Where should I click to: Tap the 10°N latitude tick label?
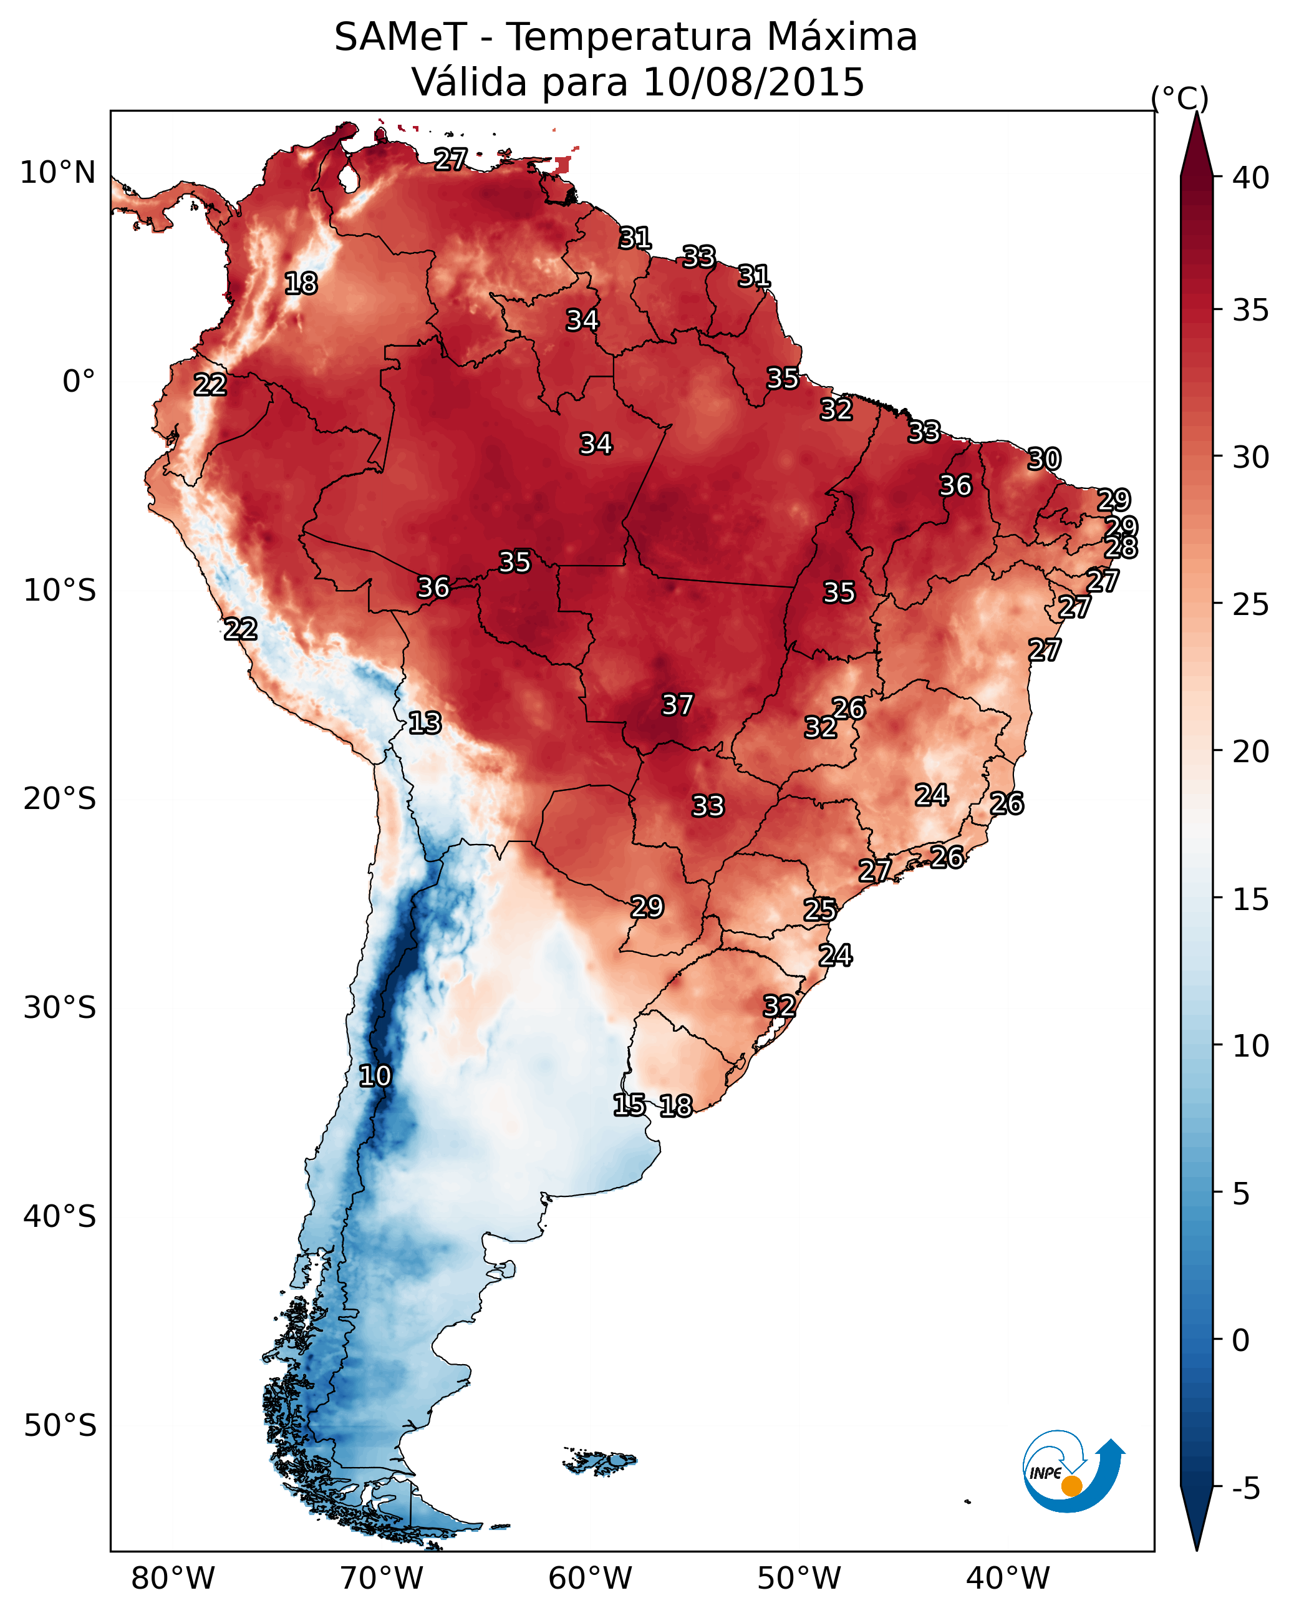point(57,173)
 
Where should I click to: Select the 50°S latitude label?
point(60,1426)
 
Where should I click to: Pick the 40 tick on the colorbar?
point(1251,178)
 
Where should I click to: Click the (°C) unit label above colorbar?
point(1179,98)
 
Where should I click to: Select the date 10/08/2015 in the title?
point(753,82)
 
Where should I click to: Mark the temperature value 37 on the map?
point(678,705)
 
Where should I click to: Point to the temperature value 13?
point(425,723)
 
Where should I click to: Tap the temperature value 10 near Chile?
point(375,1076)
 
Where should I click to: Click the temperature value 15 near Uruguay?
point(629,1105)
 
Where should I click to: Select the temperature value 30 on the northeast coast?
point(1044,458)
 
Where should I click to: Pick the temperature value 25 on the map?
point(820,910)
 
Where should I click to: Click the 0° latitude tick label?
point(79,382)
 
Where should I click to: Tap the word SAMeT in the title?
point(400,37)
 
